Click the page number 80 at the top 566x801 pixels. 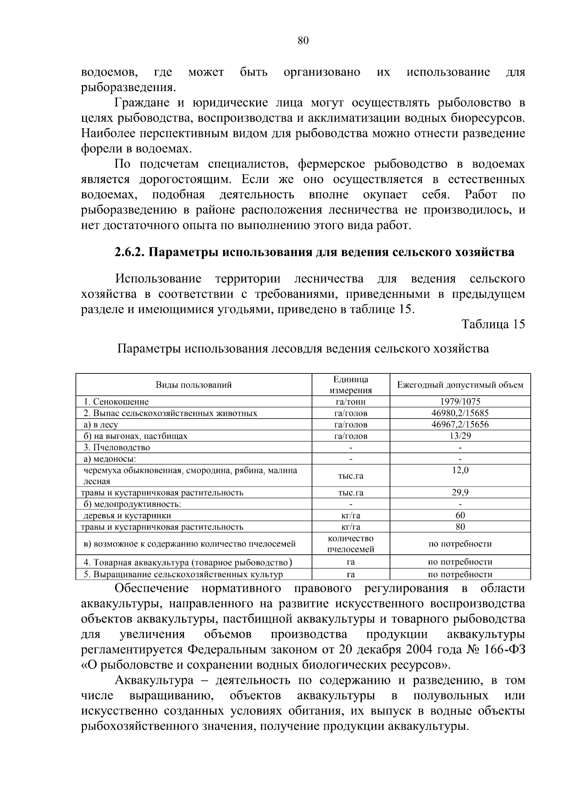click(x=303, y=41)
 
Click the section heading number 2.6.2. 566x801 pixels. click(x=130, y=252)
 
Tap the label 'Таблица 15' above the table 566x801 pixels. click(x=493, y=324)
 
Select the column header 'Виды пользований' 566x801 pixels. click(x=194, y=385)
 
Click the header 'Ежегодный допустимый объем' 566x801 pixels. click(x=460, y=385)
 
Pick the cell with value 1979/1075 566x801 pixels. click(x=460, y=402)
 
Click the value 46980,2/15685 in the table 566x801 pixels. click(x=460, y=413)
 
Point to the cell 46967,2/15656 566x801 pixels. click(x=460, y=424)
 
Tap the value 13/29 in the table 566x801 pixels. click(x=460, y=436)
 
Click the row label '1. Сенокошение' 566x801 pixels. click(x=116, y=402)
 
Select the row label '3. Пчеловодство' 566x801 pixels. click(x=117, y=447)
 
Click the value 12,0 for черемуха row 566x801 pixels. click(x=460, y=471)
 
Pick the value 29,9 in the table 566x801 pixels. click(x=460, y=492)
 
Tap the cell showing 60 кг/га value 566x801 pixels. click(x=460, y=515)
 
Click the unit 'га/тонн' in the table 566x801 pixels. click(x=350, y=402)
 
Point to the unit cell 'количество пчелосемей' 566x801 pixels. click(x=350, y=544)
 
